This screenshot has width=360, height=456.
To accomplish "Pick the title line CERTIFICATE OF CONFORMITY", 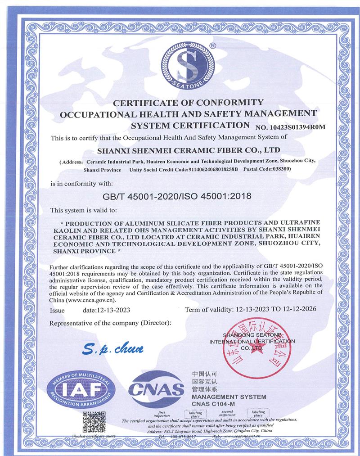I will point(188,103).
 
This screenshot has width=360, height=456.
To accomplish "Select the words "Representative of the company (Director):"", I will point(110,323).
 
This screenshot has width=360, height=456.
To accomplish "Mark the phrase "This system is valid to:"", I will point(84,210).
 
